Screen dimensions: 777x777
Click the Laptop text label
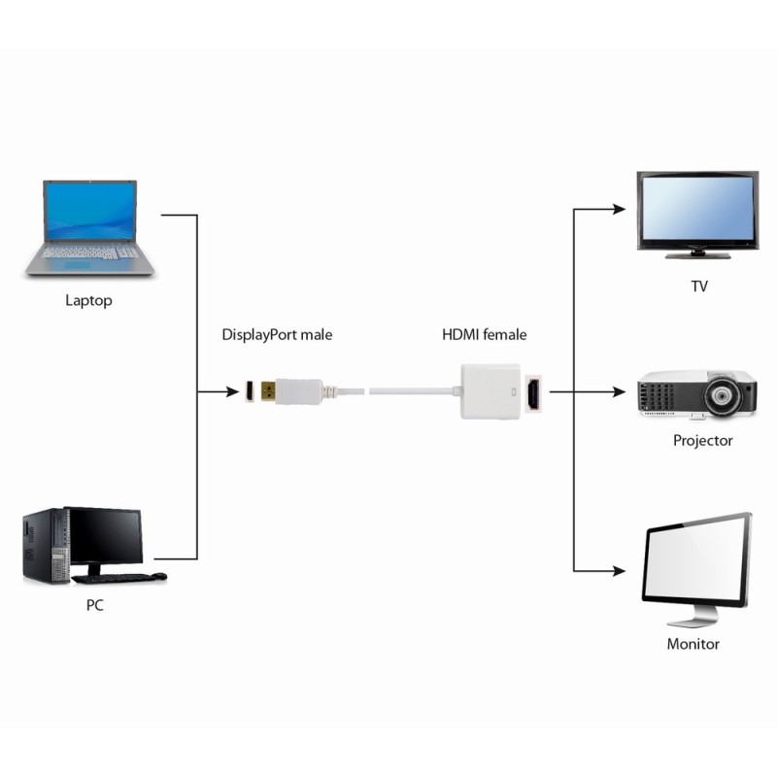(x=88, y=300)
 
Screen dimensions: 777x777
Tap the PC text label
(x=94, y=605)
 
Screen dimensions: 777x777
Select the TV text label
(x=698, y=287)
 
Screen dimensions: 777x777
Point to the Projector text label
(x=702, y=440)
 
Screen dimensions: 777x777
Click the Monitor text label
(x=693, y=644)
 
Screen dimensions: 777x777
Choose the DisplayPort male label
(x=277, y=335)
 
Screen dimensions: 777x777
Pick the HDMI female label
(x=484, y=335)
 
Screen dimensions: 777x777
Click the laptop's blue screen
(x=89, y=212)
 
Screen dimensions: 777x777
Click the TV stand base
(x=696, y=254)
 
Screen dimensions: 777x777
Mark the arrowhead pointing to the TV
(x=619, y=208)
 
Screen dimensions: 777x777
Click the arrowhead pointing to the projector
(x=619, y=392)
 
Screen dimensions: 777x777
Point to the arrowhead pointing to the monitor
(x=619, y=570)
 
